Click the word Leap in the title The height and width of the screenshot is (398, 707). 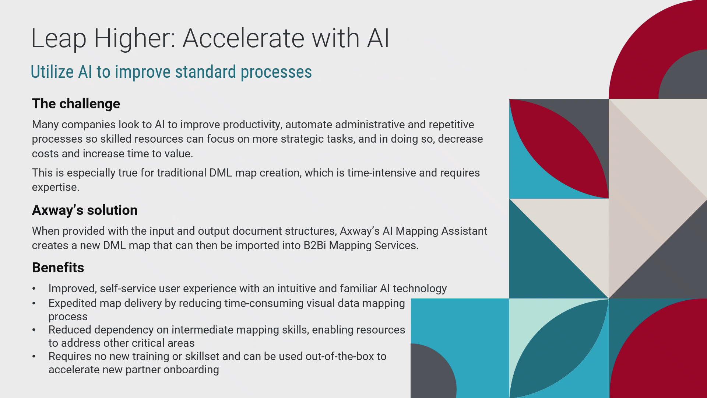click(59, 38)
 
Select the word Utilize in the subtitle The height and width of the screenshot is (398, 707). click(52, 72)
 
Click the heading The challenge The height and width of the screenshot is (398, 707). click(76, 104)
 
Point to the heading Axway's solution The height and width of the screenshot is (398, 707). click(85, 210)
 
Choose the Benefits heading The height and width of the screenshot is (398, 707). click(58, 268)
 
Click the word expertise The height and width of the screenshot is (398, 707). click(55, 188)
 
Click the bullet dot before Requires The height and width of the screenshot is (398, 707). click(34, 357)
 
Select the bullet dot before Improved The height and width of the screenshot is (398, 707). click(34, 289)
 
